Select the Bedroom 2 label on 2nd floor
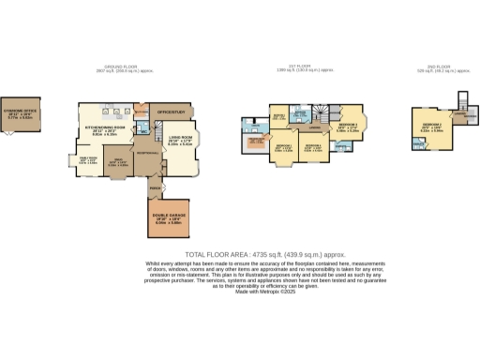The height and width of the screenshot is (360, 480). [x=432, y=127]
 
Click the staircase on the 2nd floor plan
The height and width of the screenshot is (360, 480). [x=463, y=100]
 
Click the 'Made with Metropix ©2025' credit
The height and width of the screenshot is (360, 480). [x=240, y=292]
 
